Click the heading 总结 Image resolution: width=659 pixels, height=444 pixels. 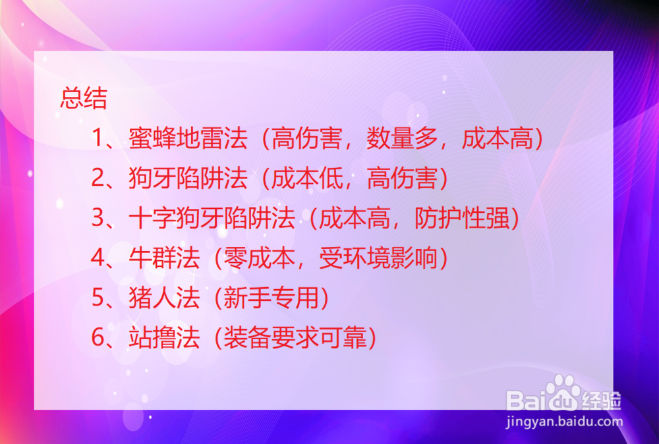pos(84,98)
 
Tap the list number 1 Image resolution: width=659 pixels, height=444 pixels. pos(98,138)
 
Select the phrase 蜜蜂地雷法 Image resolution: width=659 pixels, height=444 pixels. pos(188,138)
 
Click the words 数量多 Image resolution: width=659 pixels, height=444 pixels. pos(402,138)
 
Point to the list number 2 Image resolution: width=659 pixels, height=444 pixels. pos(98,178)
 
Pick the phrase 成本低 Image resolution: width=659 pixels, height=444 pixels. pos(307,178)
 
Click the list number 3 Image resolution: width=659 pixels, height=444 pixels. pos(98,217)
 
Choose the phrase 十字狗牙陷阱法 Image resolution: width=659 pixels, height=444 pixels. pos(212,217)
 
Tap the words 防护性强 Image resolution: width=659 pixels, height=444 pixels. pos(462,217)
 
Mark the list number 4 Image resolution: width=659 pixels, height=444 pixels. pos(98,258)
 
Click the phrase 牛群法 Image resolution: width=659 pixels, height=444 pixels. pos(164,258)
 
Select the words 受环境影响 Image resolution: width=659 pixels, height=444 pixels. pos(378,258)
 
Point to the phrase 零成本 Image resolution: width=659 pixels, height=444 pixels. pos(259,258)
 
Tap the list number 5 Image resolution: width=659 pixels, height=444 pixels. pos(98,297)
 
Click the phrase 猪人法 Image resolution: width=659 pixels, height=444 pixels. pos(164,297)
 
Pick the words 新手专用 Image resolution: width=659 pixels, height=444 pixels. pos(271,297)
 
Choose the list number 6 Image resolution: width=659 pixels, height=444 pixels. pos(98,337)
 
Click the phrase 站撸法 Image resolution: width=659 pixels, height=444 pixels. pos(164,337)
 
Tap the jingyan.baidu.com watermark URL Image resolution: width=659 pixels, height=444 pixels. pos(564,421)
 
